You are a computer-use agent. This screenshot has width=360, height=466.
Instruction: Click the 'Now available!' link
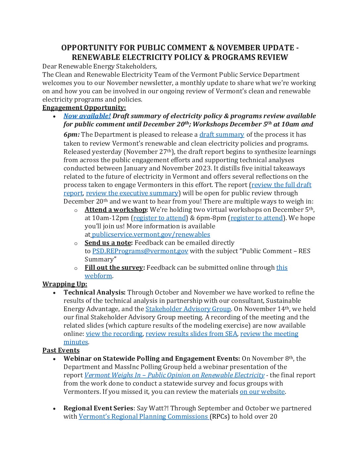coord(87,116)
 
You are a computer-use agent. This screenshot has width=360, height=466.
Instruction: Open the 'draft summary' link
coord(221,134)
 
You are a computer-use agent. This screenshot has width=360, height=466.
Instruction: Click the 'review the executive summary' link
coord(132,193)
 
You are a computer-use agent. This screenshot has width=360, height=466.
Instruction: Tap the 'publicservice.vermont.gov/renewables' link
coord(151,234)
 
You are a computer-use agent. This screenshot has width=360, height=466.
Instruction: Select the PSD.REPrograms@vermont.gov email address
coord(140,251)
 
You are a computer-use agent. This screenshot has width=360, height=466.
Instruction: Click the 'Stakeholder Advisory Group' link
coord(188,309)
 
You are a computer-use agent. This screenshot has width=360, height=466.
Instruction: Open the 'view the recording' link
coord(114,334)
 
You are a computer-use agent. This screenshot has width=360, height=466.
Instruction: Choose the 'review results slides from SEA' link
coord(191,334)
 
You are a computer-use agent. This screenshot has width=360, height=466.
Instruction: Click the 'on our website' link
coord(262,392)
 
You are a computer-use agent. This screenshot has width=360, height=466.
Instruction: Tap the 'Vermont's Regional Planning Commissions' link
coord(143,416)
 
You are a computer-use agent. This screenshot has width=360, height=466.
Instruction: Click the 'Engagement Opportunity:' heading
coord(84,108)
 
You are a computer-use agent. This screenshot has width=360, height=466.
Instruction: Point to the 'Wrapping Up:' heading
coord(65,284)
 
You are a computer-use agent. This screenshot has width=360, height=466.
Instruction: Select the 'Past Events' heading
coord(61,350)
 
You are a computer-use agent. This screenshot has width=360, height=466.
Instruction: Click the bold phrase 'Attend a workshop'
coord(115,210)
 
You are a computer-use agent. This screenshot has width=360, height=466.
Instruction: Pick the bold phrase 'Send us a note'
coord(108,243)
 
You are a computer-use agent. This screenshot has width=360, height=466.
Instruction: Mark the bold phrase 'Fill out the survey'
coord(114,267)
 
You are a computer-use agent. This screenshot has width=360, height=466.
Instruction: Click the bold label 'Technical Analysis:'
coord(94,292)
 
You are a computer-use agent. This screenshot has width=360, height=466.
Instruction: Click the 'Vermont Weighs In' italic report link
coord(174,375)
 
